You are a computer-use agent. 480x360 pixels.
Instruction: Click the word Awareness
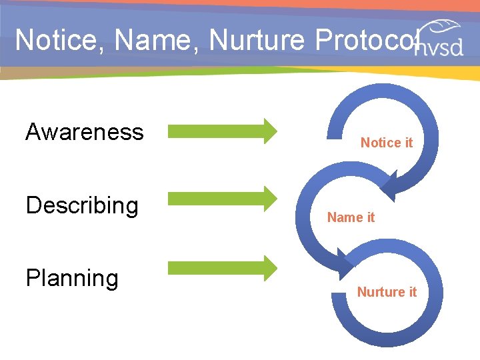85,132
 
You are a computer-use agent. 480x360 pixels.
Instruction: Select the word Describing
82,205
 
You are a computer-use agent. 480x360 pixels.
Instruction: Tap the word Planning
72,278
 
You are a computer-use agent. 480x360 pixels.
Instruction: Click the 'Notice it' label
387,143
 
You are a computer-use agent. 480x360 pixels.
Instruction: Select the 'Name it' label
351,217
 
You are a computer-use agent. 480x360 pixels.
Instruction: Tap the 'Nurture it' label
387,292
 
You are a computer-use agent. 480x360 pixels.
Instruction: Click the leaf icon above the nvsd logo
443,29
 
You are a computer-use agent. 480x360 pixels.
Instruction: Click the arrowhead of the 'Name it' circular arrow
345,261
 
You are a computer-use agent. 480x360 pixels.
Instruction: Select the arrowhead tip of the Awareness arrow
275,131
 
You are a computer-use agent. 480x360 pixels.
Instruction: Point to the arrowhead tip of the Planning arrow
275,268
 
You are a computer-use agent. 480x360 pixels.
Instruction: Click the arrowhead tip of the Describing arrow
275,198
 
